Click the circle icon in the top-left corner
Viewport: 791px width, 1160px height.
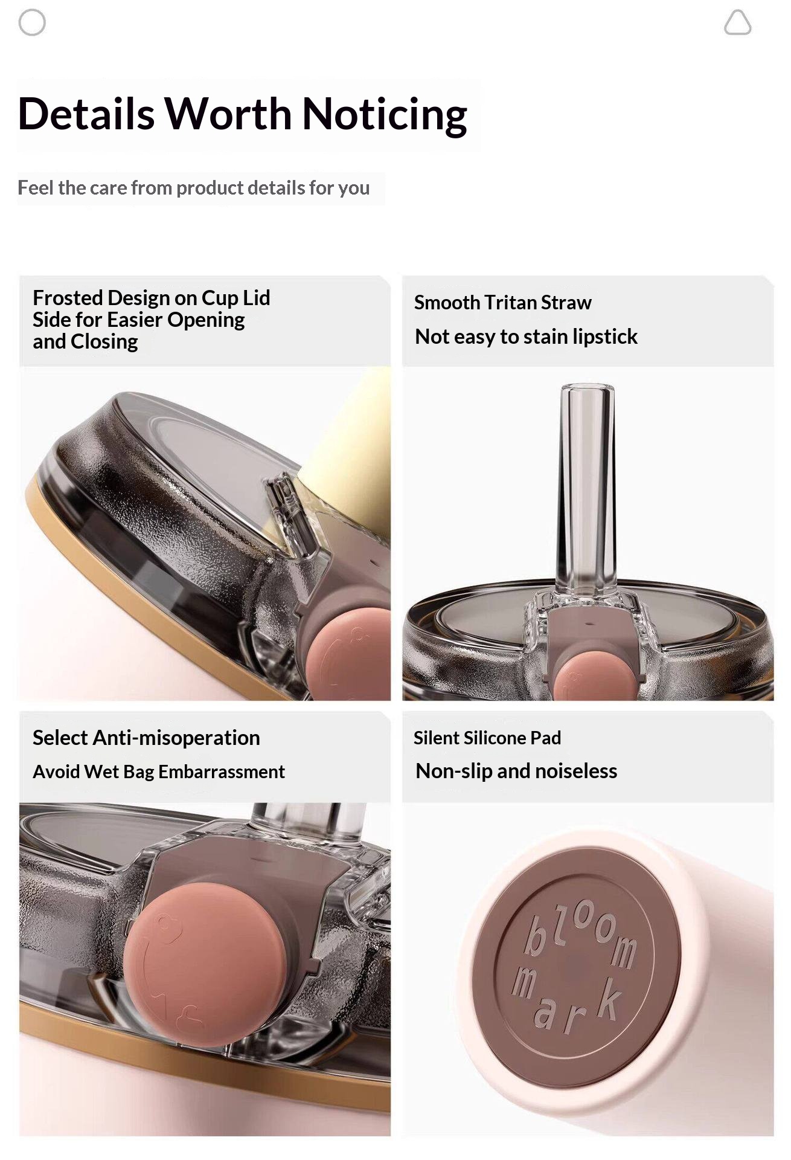pos(32,23)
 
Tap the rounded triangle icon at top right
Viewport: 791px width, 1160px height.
pos(737,23)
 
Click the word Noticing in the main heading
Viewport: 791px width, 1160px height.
pos(385,114)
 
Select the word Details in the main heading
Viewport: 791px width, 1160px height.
pos(86,114)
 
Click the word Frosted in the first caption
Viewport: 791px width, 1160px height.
pos(68,298)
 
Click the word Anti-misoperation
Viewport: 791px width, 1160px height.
pos(176,738)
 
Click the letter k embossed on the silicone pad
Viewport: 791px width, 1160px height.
pos(607,998)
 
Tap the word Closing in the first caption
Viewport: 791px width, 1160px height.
pos(104,342)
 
